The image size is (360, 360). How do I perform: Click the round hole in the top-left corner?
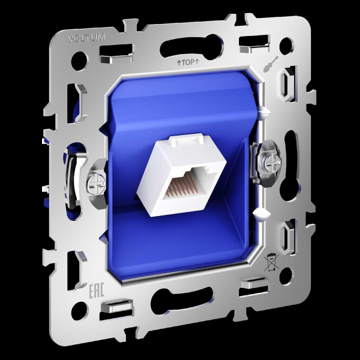(x=79, y=61)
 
